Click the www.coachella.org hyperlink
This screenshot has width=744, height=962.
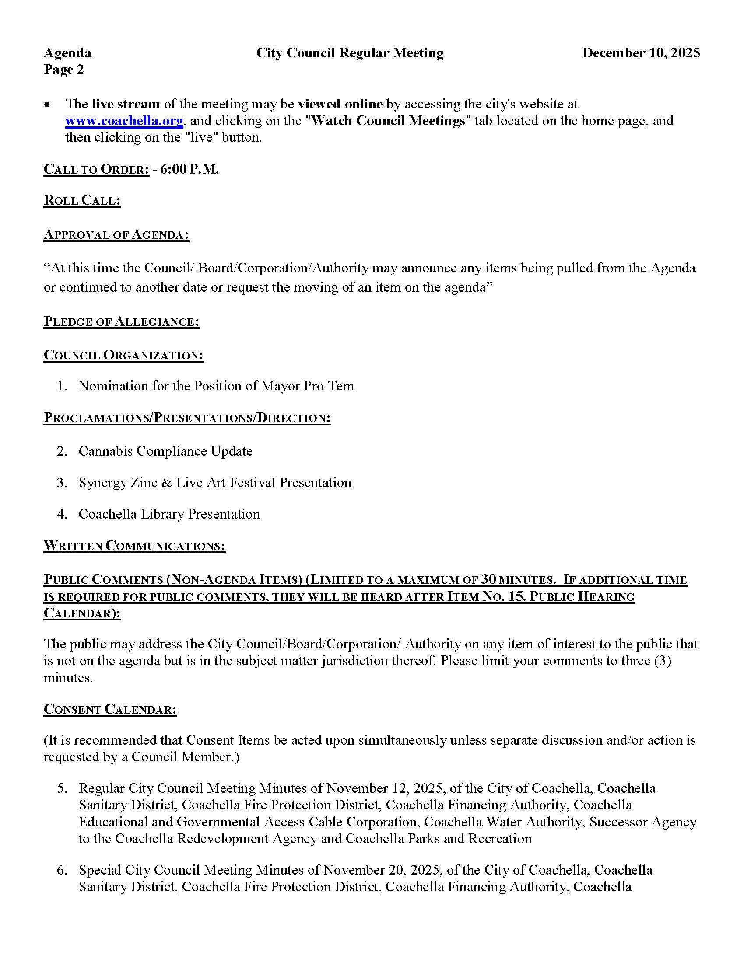click(x=124, y=121)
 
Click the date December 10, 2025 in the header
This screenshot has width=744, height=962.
click(x=641, y=53)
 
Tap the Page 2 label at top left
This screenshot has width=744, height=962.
click(x=63, y=70)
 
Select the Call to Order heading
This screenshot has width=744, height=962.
click(x=96, y=169)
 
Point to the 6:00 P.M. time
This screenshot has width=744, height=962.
click(x=189, y=169)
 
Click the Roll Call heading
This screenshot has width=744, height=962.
click(x=82, y=201)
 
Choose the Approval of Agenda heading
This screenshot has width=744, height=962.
click(x=116, y=235)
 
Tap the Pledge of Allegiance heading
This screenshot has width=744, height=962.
click(x=122, y=321)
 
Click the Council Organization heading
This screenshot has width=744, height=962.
click(x=123, y=356)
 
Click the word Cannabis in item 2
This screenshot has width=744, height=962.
click(x=105, y=451)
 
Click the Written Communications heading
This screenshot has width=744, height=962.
click(x=134, y=546)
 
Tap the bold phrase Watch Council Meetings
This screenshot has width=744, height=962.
click(x=388, y=121)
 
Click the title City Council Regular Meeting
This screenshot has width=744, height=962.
click(x=350, y=53)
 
